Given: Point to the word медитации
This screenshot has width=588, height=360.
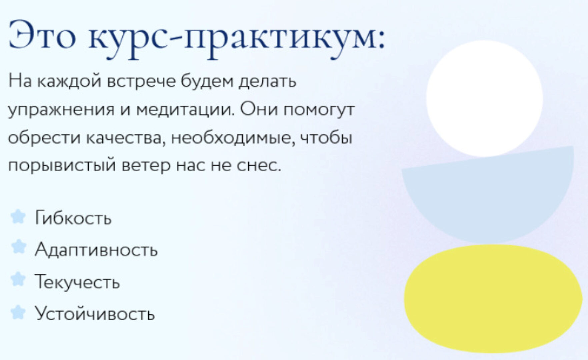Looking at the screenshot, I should pyautogui.click(x=185, y=109).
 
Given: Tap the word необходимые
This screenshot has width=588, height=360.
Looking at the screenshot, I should pyautogui.click(x=233, y=138).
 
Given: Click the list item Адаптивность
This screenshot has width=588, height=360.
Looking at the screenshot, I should pyautogui.click(x=96, y=250).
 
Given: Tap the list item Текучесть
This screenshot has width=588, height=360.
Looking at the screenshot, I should pyautogui.click(x=77, y=282).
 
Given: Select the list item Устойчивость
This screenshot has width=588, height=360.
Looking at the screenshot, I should pyautogui.click(x=95, y=314).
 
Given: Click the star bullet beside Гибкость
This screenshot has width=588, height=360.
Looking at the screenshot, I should pyautogui.click(x=18, y=217).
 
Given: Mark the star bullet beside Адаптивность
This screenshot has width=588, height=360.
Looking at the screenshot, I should pyautogui.click(x=18, y=247).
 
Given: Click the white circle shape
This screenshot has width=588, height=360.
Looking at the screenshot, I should pyautogui.click(x=484, y=99).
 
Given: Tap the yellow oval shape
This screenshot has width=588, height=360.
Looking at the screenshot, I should pyautogui.click(x=493, y=298).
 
